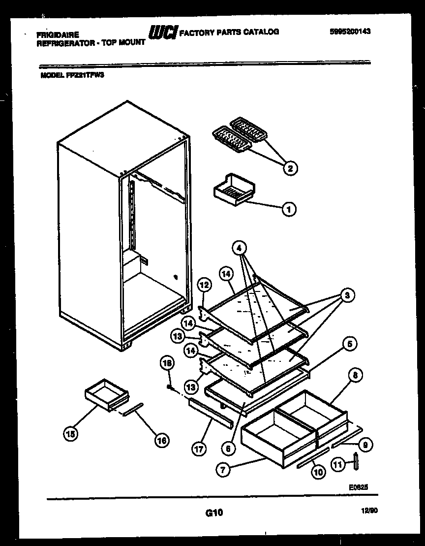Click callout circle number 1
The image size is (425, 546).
click(289, 209)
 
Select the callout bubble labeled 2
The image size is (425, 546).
click(290, 168)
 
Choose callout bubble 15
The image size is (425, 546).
click(71, 434)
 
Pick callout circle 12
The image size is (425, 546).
click(205, 285)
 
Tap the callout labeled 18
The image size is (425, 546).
click(167, 364)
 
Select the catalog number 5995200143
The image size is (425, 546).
click(350, 31)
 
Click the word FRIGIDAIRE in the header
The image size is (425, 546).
click(58, 34)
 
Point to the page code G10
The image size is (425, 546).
click(214, 513)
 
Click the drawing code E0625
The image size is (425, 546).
click(359, 486)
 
